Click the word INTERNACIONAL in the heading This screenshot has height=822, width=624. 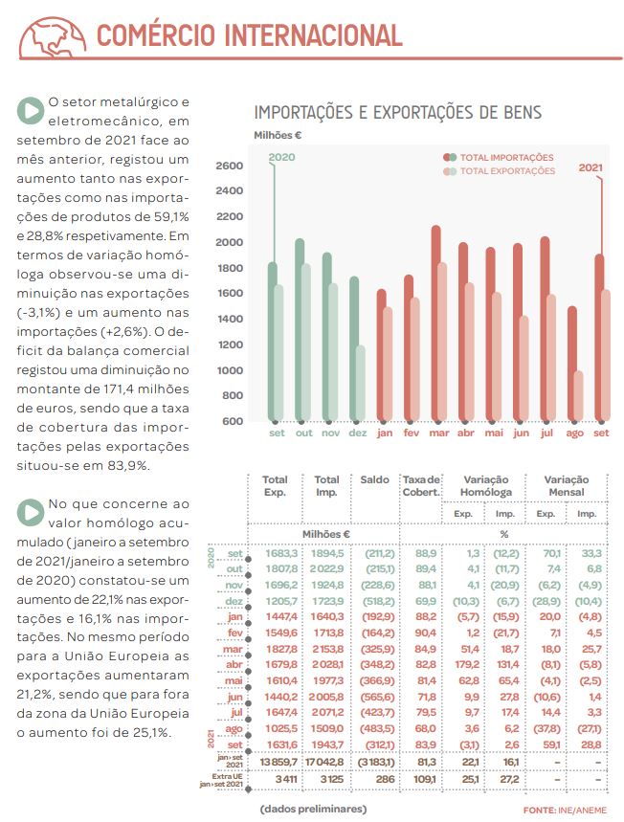click(x=312, y=36)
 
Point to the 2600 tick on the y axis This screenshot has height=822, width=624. click(x=230, y=166)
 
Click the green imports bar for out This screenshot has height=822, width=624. click(x=300, y=330)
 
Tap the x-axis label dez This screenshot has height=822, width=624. click(x=357, y=433)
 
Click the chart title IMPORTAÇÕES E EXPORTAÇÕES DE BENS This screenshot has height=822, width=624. click(x=397, y=113)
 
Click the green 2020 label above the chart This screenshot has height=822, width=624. click(x=281, y=157)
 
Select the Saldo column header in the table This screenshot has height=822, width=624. click(x=368, y=479)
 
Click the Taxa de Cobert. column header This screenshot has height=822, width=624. click(x=420, y=485)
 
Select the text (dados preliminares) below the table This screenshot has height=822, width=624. click(x=312, y=810)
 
